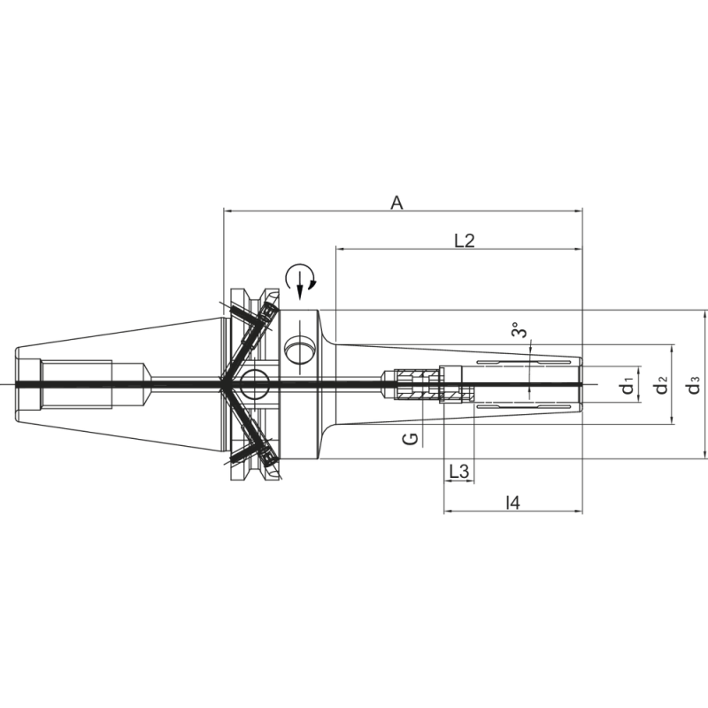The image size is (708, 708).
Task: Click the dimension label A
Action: click(x=397, y=203)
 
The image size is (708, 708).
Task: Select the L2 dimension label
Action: click(x=464, y=240)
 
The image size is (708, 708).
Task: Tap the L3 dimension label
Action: click(x=458, y=472)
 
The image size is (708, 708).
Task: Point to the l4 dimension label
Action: click(x=512, y=503)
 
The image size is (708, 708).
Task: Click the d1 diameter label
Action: click(x=627, y=385)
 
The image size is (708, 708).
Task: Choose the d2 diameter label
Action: click(x=660, y=385)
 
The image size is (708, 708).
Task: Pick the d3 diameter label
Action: click(x=694, y=385)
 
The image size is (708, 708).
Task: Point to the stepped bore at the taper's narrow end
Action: click(x=75, y=384)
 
